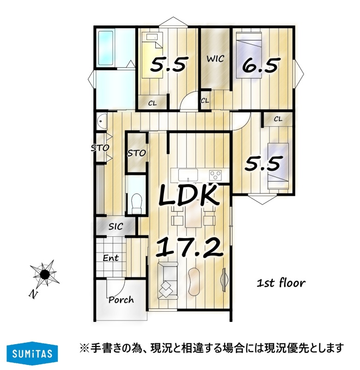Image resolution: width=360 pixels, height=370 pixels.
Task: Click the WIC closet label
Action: point(215,59)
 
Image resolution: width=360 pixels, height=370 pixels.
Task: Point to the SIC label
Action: point(116,227)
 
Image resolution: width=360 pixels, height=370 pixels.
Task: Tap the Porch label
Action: point(121,300)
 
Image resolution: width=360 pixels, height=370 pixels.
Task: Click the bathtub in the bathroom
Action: point(106,48)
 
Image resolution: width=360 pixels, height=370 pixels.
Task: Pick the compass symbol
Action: point(44,274)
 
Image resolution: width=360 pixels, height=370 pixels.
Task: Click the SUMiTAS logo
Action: point(32,353)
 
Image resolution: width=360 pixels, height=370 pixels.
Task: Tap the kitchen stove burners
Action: point(216,175)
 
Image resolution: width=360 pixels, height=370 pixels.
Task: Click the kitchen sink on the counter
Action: point(188,174)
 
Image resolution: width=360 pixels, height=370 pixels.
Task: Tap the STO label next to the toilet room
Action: point(137,153)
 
